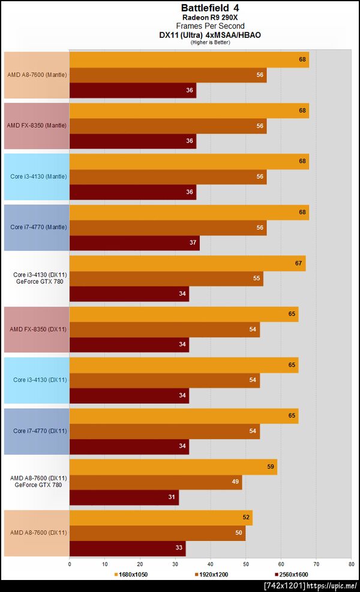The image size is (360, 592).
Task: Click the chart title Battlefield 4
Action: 209,8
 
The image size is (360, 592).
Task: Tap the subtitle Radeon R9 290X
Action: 209,17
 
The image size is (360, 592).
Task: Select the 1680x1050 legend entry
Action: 131,574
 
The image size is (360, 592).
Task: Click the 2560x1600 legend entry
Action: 291,574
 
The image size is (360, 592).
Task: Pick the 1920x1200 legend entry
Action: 211,574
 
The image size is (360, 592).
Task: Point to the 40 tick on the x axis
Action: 211,564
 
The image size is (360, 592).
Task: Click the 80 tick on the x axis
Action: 352,564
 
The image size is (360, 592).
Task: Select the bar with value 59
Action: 173,467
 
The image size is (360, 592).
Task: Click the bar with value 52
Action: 161,518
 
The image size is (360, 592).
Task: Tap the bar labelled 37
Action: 134,243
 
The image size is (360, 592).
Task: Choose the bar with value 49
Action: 155,482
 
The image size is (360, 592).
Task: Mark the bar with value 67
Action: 188,263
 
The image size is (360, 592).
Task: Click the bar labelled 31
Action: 124,497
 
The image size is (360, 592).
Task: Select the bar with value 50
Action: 158,533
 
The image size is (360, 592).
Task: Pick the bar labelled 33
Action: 128,548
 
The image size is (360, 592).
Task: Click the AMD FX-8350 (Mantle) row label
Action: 37,125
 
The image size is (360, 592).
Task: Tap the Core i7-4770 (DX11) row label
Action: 40,431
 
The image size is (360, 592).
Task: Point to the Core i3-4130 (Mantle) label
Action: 38,176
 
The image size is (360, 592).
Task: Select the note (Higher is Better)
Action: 210,42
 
